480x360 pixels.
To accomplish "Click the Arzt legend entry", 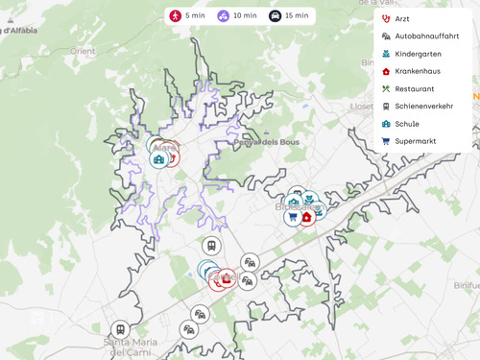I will tap(401, 19).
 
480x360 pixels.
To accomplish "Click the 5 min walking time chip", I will tap(187, 15).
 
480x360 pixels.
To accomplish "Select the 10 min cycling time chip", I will tap(237, 15).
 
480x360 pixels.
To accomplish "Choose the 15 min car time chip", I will tap(289, 15).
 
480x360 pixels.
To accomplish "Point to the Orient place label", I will tap(83, 51).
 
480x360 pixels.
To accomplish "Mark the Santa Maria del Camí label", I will tap(132, 347).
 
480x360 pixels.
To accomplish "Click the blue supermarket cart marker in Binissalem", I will tap(292, 217).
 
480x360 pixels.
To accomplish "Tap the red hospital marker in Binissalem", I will tap(306, 217).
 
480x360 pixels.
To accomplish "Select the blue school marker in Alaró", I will tap(158, 159).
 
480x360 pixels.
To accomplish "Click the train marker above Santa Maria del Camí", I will tap(119, 328).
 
